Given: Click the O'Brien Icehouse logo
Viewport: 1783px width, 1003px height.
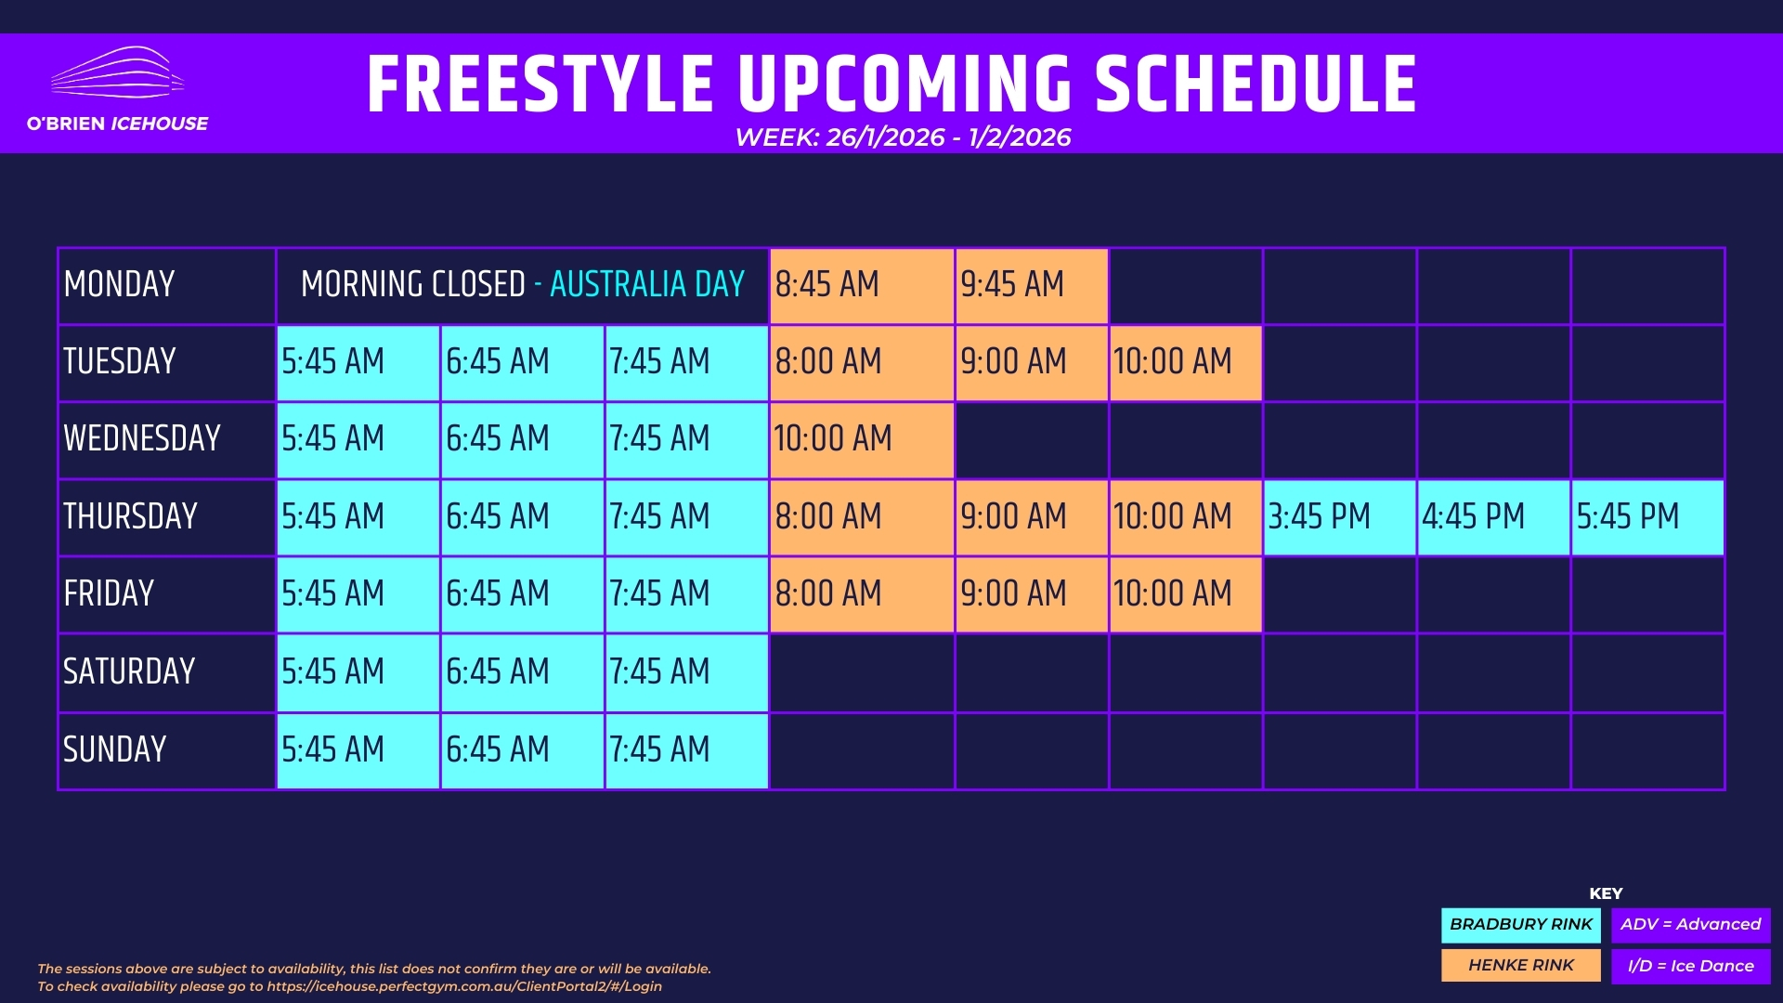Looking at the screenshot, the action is coord(117,89).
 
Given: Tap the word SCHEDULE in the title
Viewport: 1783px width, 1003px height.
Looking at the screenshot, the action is coord(1256,85).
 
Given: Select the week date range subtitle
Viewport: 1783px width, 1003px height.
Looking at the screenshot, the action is coord(903,137).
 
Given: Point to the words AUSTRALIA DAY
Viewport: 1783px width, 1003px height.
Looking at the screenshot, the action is coord(647,284).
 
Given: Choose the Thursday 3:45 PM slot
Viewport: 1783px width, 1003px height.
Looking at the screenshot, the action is coord(1340,517).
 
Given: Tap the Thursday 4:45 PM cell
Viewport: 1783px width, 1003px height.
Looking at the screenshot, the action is coord(1494,517).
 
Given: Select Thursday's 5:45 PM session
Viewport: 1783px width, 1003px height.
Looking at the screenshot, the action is coord(1647,517).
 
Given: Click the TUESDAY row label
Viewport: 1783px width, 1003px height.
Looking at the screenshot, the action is coord(120,361).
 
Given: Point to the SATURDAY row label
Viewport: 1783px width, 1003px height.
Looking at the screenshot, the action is coord(129,671).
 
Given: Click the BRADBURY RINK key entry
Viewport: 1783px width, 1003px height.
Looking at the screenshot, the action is coord(1521,925).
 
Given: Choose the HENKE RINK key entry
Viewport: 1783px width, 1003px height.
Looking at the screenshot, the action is coord(1521,966).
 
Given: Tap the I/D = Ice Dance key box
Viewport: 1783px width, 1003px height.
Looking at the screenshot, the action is coord(1691,966).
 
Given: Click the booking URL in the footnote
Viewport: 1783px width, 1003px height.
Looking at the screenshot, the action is coord(464,986).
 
